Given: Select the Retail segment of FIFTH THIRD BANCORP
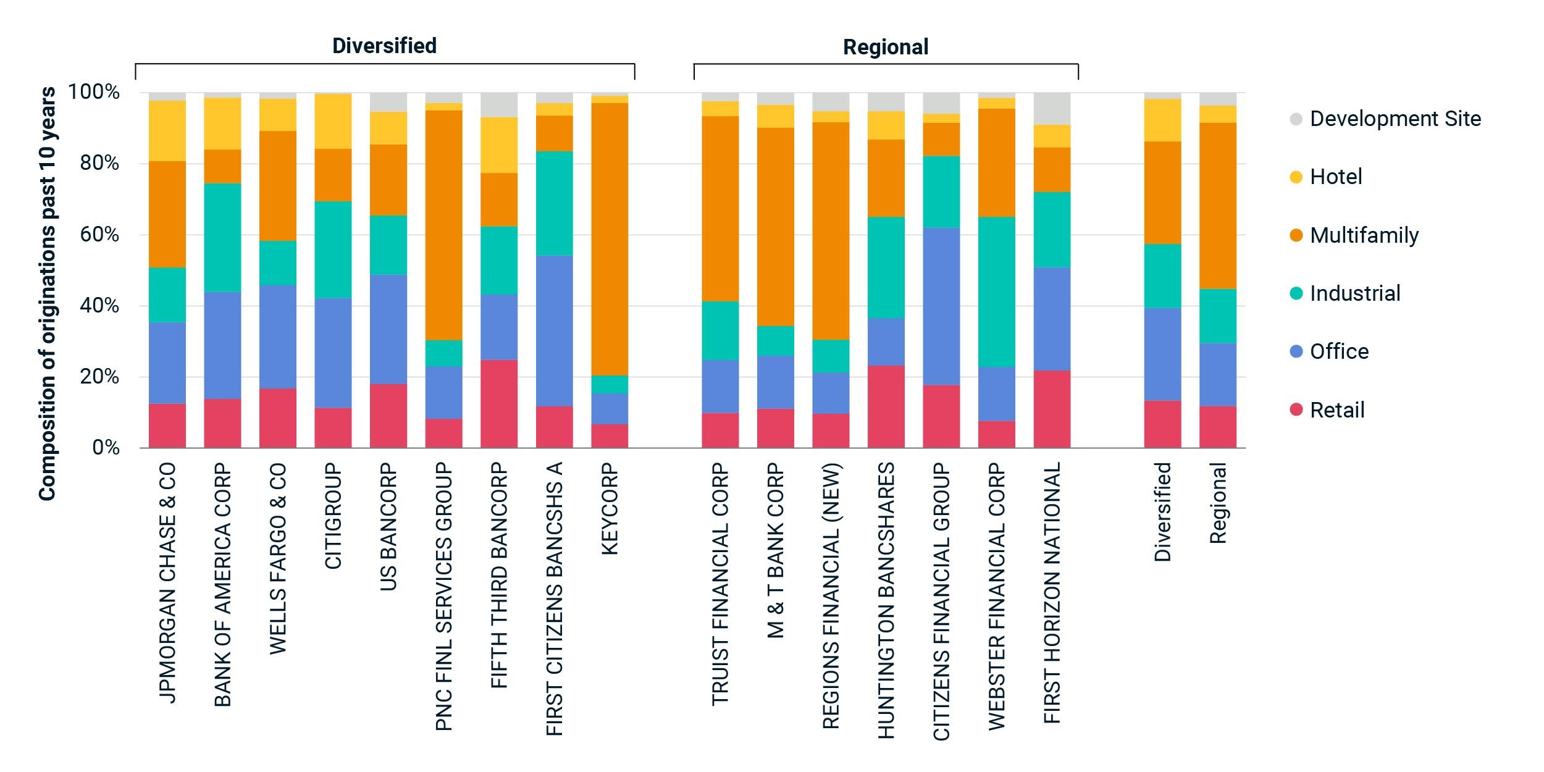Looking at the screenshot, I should point(499,404).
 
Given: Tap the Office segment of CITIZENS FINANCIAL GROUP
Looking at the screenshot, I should point(941,306).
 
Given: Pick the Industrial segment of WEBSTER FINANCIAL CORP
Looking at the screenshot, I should point(997,292).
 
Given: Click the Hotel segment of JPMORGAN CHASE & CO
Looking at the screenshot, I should point(167,131).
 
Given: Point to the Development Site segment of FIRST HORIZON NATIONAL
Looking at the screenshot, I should point(1052,109).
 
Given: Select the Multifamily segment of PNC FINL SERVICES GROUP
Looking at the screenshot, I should point(443,225).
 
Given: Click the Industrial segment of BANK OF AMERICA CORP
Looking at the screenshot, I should point(222,237).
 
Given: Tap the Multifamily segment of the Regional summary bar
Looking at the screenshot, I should point(1217,206).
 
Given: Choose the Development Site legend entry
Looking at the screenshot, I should point(1395,119).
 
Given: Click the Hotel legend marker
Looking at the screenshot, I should point(1296,177).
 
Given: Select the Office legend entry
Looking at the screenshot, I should point(1339,351).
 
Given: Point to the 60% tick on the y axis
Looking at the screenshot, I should point(99,235).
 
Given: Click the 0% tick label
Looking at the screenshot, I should point(106,448).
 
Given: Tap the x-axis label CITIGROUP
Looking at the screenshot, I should point(334,516).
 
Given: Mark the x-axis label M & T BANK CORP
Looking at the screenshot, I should point(776,550).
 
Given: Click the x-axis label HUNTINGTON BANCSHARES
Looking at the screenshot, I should point(886,600).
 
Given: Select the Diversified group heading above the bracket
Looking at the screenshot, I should point(384,46).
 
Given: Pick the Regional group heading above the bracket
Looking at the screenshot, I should point(886,47).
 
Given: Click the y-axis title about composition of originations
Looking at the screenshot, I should point(48,293).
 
